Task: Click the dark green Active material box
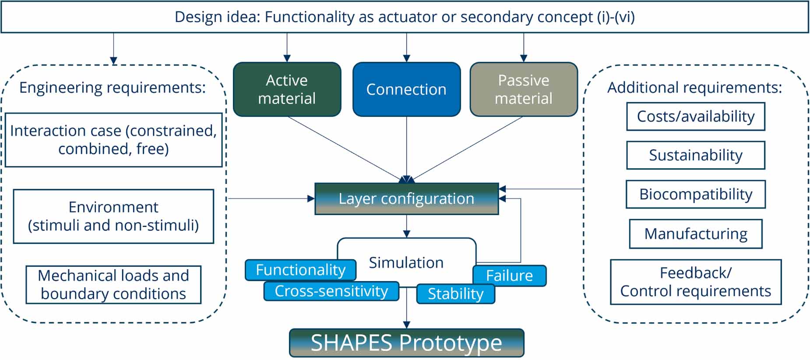pyautogui.click(x=287, y=89)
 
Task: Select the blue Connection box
pyautogui.click(x=406, y=89)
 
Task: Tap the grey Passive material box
pyautogui.click(x=524, y=89)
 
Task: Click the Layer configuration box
pyautogui.click(x=406, y=199)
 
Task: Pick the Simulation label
pyautogui.click(x=406, y=262)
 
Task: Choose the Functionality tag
pyautogui.click(x=300, y=270)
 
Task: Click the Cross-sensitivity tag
pyautogui.click(x=331, y=291)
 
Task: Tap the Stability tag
pyautogui.click(x=455, y=294)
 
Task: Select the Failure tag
pyautogui.click(x=509, y=276)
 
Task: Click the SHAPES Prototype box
pyautogui.click(x=406, y=343)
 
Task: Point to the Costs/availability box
pyautogui.click(x=695, y=116)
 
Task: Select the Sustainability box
pyautogui.click(x=695, y=155)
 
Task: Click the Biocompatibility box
pyautogui.click(x=695, y=194)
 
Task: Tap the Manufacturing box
pyautogui.click(x=695, y=234)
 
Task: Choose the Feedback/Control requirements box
pyautogui.click(x=695, y=282)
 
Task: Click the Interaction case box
pyautogui.click(x=113, y=140)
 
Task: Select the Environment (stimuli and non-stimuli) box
pyautogui.click(x=113, y=216)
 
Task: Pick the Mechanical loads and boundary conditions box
pyautogui.click(x=113, y=285)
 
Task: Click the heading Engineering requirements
pyautogui.click(x=112, y=88)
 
